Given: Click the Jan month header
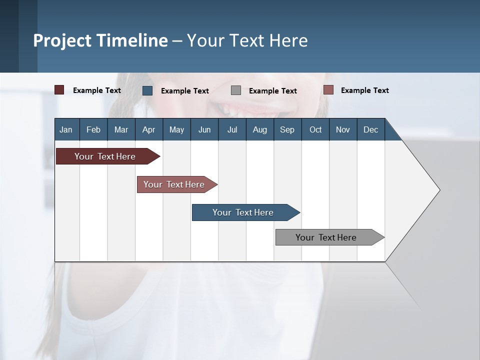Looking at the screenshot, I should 66,129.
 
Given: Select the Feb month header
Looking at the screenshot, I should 93,129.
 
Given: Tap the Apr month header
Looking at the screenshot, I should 148,129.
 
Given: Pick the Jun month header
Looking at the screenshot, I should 204,129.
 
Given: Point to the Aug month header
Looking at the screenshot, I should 259,129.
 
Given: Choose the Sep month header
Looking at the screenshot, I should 287,129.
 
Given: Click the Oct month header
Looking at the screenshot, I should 315,129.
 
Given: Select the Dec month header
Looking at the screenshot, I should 370,129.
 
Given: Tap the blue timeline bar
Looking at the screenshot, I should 243,212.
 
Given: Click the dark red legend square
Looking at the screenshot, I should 59,90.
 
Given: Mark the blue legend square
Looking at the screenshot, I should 147,90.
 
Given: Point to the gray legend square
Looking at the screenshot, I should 236,90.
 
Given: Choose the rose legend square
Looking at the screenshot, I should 328,90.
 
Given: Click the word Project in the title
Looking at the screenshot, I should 62,40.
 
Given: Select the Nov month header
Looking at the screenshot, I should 342,129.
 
